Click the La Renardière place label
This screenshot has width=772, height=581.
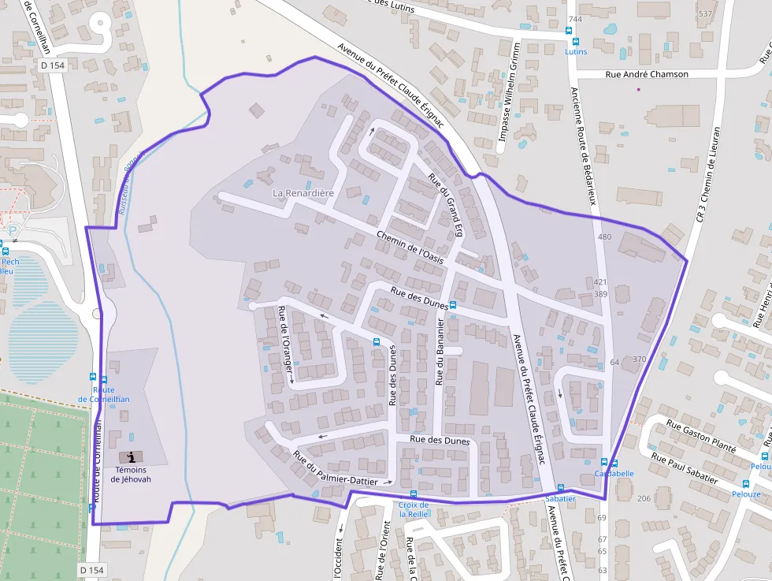pyautogui.click(x=303, y=192)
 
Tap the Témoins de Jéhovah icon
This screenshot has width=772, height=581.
pyautogui.click(x=131, y=457)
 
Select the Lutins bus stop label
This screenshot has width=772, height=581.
pyautogui.click(x=576, y=51)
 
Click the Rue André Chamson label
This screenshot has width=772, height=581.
pyautogui.click(x=646, y=74)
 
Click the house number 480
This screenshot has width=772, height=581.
pyautogui.click(x=604, y=236)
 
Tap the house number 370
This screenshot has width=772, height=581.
pyautogui.click(x=639, y=359)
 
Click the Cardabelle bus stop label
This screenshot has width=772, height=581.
pyautogui.click(x=614, y=474)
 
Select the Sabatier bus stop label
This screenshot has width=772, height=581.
pyautogui.click(x=560, y=499)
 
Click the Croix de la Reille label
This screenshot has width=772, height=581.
pyautogui.click(x=414, y=509)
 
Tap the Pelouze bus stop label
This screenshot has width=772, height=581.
pyautogui.click(x=745, y=494)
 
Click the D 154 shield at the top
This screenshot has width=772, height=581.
pyautogui.click(x=52, y=65)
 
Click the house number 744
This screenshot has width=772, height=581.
pyautogui.click(x=575, y=19)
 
